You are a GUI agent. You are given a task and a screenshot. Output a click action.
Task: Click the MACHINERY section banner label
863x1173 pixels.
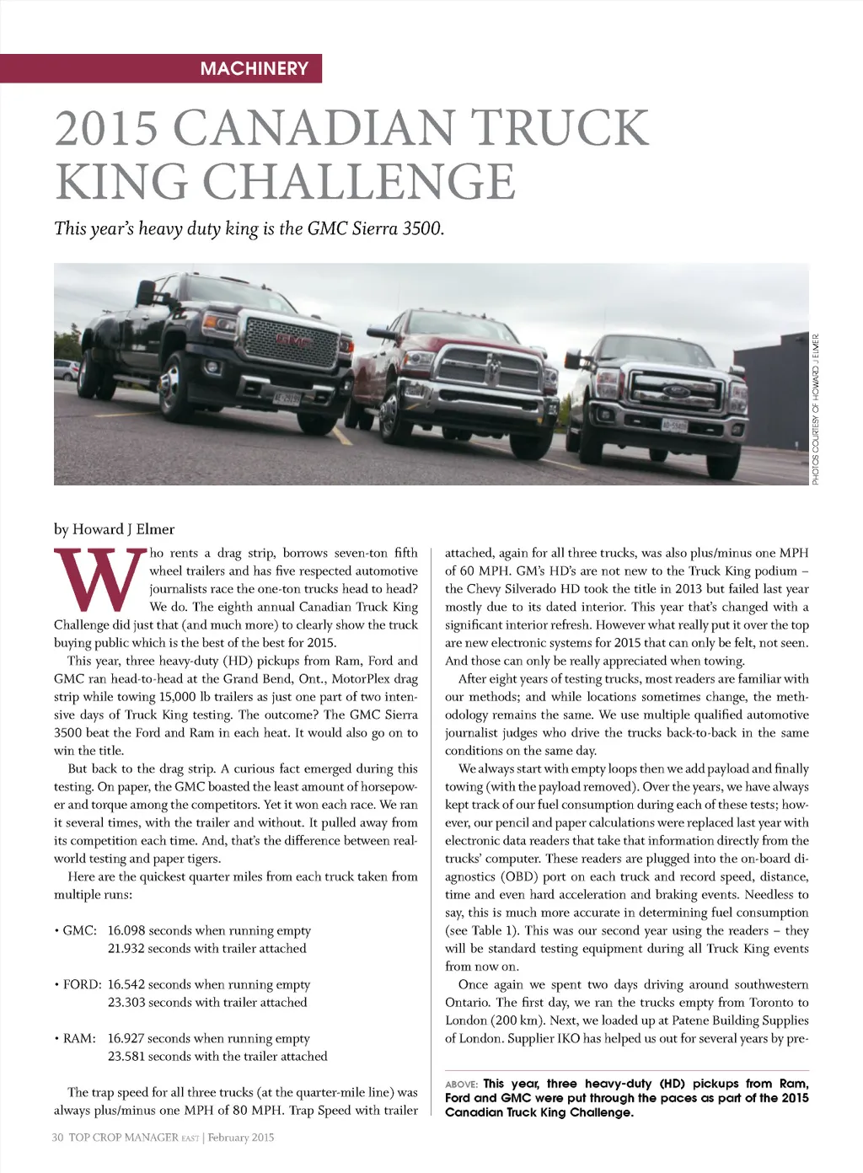tap(254, 68)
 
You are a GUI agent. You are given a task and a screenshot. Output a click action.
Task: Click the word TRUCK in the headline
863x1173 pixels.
tap(560, 128)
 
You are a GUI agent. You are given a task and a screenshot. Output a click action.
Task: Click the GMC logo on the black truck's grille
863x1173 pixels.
tap(292, 341)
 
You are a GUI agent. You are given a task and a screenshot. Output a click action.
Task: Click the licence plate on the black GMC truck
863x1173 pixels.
tap(287, 398)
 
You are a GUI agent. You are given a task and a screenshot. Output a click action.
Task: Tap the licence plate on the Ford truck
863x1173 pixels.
tap(673, 426)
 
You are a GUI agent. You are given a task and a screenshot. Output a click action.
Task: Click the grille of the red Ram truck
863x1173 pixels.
tap(487, 372)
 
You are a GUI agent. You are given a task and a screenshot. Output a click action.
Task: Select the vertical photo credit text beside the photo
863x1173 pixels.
tap(816, 409)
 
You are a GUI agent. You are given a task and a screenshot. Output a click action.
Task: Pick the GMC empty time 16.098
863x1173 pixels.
tap(126, 930)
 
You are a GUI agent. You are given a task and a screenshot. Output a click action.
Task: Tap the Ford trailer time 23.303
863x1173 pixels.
tap(126, 1002)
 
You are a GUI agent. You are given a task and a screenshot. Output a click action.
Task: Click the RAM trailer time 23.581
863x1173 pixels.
tap(126, 1056)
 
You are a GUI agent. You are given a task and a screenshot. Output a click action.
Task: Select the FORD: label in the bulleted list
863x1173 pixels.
tap(82, 984)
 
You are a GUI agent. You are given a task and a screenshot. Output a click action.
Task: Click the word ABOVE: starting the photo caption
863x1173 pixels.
tap(461, 1085)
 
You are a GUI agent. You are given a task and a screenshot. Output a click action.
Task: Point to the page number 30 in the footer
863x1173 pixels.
tap(58, 1138)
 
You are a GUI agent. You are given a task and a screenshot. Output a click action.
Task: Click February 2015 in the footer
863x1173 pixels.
tap(242, 1138)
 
